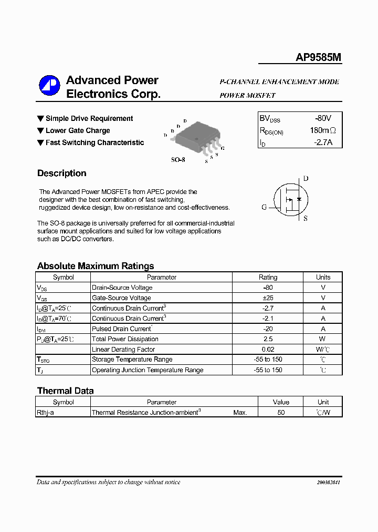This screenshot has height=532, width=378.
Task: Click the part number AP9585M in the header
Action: tap(318, 58)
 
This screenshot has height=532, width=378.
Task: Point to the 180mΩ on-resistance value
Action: tap(322, 130)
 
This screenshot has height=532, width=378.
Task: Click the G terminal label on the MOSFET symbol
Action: tap(264, 207)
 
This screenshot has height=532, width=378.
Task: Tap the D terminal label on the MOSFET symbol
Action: tap(306, 179)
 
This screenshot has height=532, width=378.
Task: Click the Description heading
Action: tap(61, 173)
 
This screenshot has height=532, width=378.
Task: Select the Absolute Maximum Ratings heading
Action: tap(96, 266)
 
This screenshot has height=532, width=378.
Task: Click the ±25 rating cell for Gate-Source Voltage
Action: tap(268, 298)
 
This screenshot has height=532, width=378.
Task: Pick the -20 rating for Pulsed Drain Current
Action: tap(268, 329)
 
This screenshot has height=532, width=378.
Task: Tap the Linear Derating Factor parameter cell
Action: tap(123, 349)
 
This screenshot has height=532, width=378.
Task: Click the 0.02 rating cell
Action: tap(268, 349)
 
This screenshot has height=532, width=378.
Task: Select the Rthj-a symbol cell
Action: tap(45, 413)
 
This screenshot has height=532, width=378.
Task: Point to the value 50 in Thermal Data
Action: tap(281, 413)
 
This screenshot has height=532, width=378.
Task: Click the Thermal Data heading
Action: tap(65, 391)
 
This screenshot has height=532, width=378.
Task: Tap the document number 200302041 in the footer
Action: tap(328, 483)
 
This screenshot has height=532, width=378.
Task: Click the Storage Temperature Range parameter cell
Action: tap(132, 360)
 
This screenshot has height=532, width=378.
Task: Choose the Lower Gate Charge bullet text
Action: tap(78, 130)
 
